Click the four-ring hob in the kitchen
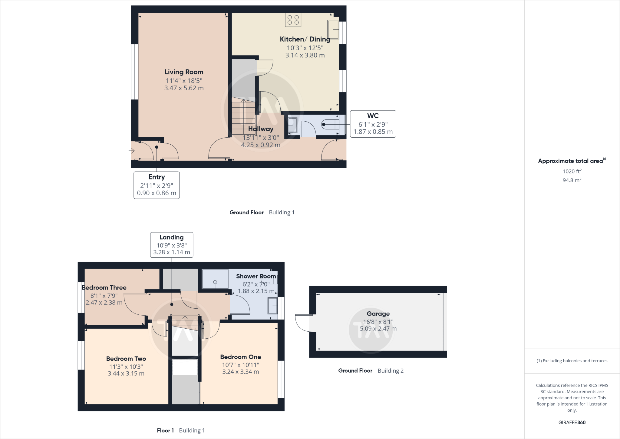[x=293, y=20]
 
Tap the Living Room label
[x=184, y=72]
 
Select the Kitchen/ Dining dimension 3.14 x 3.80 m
[x=305, y=55]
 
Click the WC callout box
[x=373, y=124]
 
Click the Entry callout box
[x=157, y=185]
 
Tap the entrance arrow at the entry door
[x=131, y=150]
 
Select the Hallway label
[x=261, y=129]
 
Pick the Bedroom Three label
[x=104, y=288]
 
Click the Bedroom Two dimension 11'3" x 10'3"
[x=126, y=367]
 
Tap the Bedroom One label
[x=240, y=357]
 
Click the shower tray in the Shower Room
[x=215, y=279]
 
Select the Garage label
[x=378, y=314]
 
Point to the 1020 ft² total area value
[x=572, y=171]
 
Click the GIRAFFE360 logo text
[x=572, y=422]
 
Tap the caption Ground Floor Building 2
[x=371, y=371]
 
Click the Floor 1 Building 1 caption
[x=181, y=431]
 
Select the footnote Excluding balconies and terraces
[x=572, y=361]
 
